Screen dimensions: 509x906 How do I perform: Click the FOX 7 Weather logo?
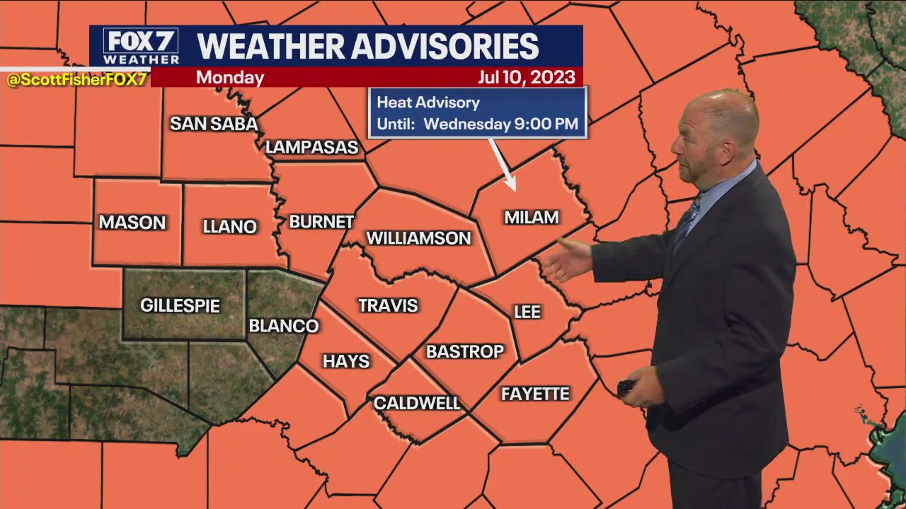(x=141, y=47)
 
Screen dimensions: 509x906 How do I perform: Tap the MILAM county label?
(x=531, y=218)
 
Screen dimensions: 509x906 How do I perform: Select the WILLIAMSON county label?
(x=418, y=238)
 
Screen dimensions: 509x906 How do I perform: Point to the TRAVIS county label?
(x=388, y=305)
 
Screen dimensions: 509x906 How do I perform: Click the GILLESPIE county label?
(x=180, y=305)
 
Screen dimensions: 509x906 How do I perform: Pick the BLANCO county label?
(x=284, y=326)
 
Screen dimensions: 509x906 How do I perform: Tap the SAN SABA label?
(x=214, y=124)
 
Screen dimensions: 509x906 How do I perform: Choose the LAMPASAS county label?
(x=312, y=147)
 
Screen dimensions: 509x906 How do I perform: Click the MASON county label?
(x=132, y=223)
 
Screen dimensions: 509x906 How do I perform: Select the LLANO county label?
(x=229, y=226)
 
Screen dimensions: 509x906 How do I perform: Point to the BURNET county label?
(x=321, y=221)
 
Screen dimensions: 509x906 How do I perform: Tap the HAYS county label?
(x=346, y=361)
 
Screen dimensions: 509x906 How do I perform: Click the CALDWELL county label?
(x=417, y=403)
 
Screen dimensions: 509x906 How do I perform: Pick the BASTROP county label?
(x=464, y=351)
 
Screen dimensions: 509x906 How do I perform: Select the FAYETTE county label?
(x=535, y=394)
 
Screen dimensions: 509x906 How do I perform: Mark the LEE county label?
(x=527, y=312)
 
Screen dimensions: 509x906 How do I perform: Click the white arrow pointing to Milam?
(x=503, y=165)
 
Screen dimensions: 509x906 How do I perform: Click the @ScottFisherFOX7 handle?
(x=76, y=80)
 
